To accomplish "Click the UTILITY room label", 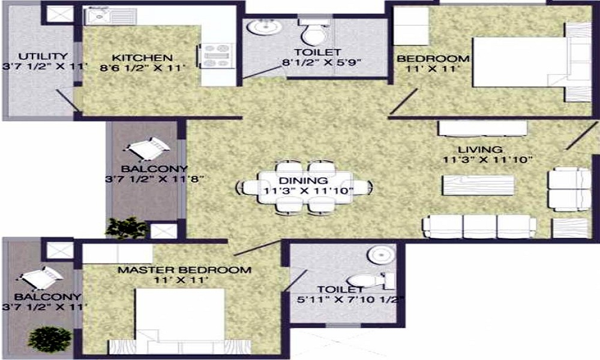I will click(x=35, y=57).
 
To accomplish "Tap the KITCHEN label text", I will click(x=143, y=58).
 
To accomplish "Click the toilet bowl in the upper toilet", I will click(x=312, y=34).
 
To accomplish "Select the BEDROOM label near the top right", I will click(x=433, y=59).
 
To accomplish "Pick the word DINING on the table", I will click(x=303, y=180).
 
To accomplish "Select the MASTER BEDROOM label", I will click(x=184, y=270).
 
